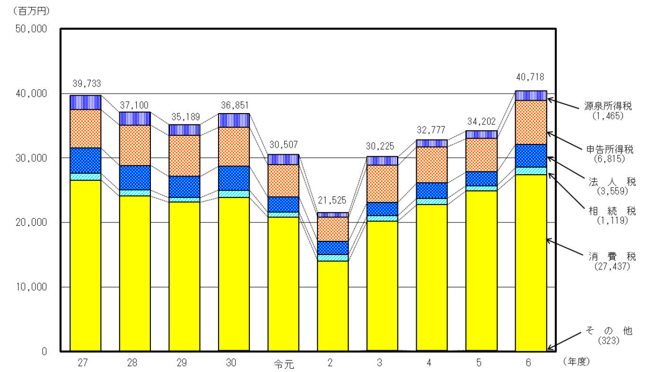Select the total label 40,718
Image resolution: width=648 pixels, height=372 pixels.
tap(531, 77)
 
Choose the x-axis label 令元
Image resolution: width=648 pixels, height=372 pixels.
tap(283, 364)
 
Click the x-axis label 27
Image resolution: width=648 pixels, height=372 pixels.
tap(85, 363)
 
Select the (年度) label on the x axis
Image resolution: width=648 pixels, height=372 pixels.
tap(576, 362)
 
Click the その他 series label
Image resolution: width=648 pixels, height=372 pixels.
tap(612, 331)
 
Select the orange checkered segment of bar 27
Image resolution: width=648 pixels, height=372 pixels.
tap(85, 128)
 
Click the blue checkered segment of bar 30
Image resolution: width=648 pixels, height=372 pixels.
tap(234, 178)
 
